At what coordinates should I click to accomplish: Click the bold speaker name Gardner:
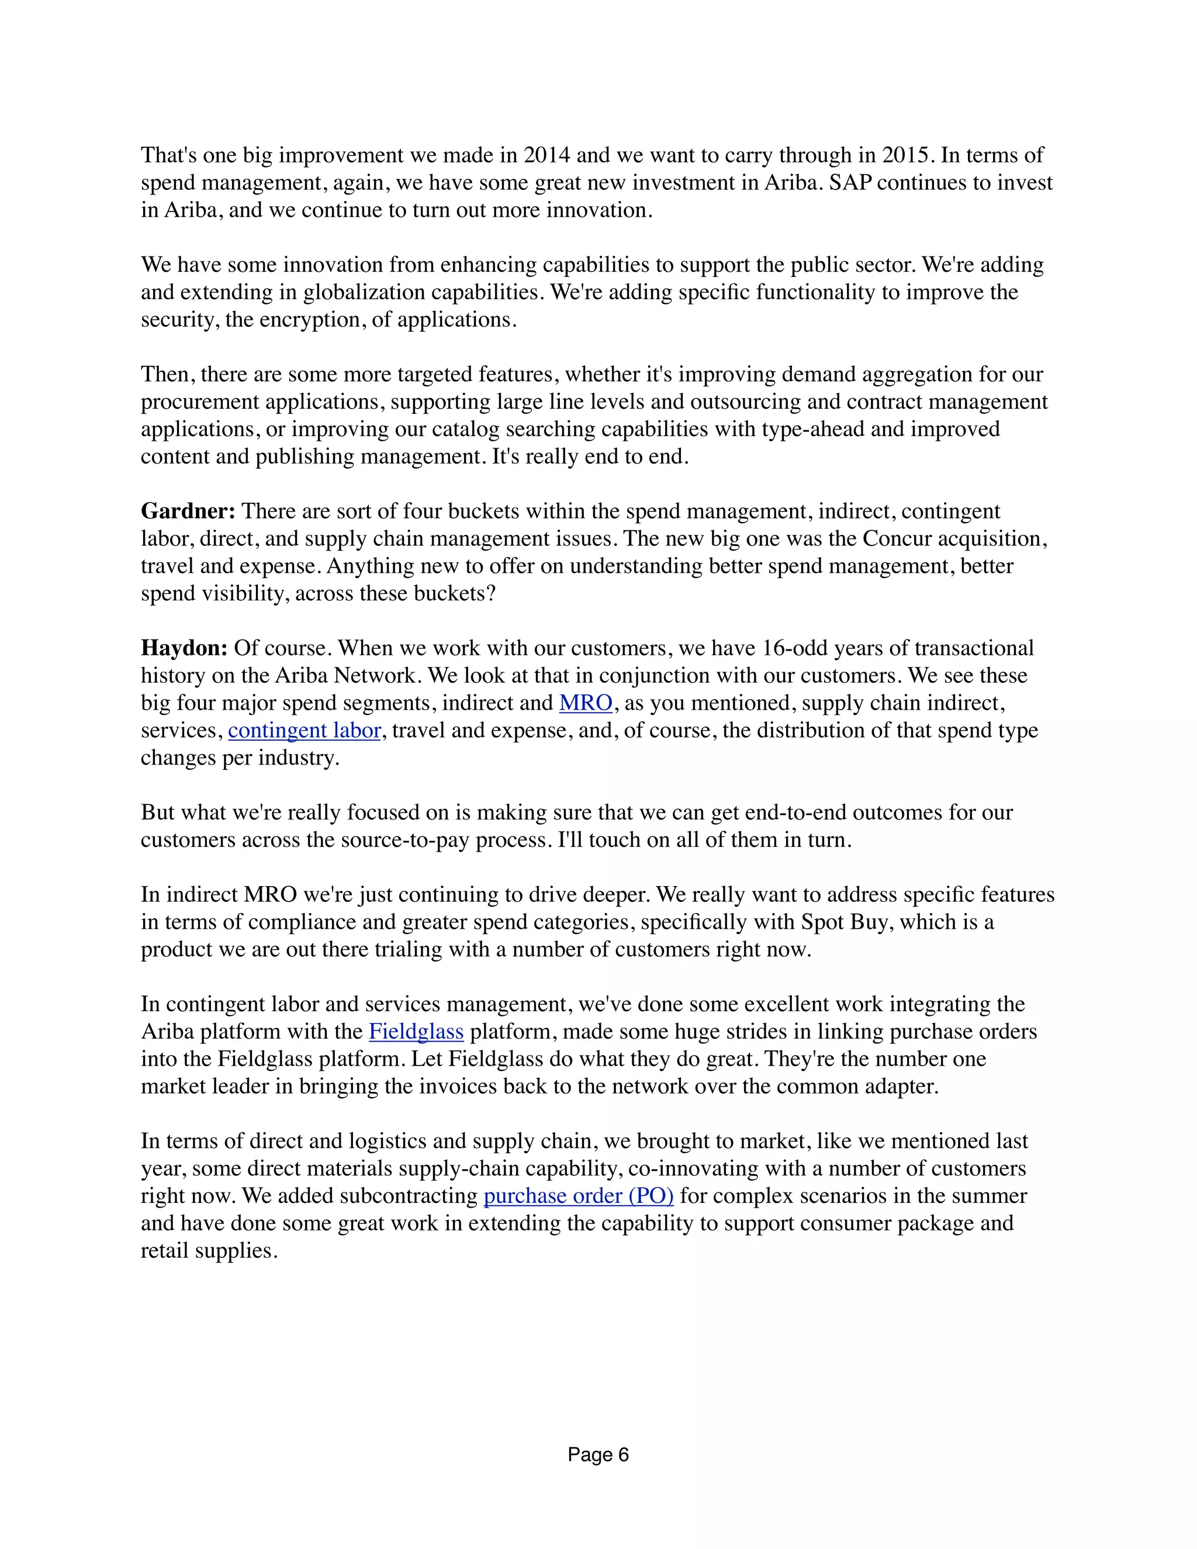(188, 511)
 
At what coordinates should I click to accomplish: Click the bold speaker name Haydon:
(184, 648)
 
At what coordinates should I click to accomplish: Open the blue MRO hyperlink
(586, 703)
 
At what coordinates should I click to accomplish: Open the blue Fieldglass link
(416, 1032)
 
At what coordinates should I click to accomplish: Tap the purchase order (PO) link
(579, 1196)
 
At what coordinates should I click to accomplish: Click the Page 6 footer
(598, 1455)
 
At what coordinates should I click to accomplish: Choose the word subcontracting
(409, 1196)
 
